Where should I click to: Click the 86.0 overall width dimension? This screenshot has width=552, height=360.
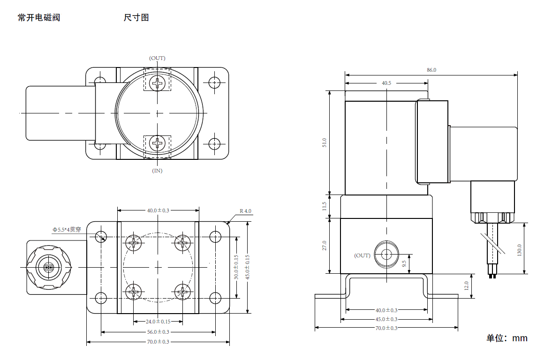pos(431,70)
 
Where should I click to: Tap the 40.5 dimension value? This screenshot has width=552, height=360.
pos(386,83)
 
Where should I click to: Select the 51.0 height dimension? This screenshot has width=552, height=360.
pos(324,143)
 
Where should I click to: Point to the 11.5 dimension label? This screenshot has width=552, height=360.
pos(324,206)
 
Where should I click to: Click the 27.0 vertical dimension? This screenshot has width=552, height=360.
pos(324,246)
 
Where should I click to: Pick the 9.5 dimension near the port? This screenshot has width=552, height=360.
pos(404,263)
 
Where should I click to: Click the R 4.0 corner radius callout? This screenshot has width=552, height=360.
pos(245,211)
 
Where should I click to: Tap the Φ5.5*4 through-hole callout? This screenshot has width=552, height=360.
pos(67,230)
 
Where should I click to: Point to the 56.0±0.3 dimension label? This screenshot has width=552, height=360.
pos(158,332)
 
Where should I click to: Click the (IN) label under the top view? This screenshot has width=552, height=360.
pos(157,171)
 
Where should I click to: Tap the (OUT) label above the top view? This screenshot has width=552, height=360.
pos(157,58)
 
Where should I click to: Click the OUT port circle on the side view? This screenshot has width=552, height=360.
pos(386,255)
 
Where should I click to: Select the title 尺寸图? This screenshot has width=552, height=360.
pos(136,18)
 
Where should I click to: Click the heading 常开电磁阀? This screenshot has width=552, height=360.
pos(39,18)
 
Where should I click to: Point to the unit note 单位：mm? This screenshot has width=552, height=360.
pos(507,338)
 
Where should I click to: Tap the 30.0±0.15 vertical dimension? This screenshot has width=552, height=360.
pos(236,267)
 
